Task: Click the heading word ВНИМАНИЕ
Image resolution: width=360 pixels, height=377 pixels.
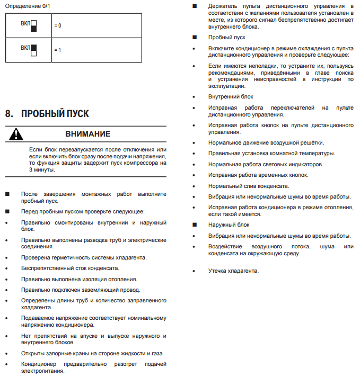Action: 88,134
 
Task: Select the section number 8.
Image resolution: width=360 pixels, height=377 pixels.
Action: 8,114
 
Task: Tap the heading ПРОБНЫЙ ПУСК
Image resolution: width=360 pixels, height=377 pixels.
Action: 55,114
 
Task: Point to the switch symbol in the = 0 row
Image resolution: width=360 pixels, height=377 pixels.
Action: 33,26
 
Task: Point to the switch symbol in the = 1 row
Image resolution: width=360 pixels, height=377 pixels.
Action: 33,50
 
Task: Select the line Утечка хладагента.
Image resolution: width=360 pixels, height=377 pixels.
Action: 233,271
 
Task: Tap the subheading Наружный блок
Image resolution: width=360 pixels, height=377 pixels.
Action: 229,225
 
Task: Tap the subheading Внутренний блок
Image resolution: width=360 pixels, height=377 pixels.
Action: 231,96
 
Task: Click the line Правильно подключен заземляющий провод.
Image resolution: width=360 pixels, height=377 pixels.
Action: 81,290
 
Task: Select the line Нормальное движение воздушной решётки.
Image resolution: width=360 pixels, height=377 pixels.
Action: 266,142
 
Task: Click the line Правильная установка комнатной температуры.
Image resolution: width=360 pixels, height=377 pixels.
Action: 271,153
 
